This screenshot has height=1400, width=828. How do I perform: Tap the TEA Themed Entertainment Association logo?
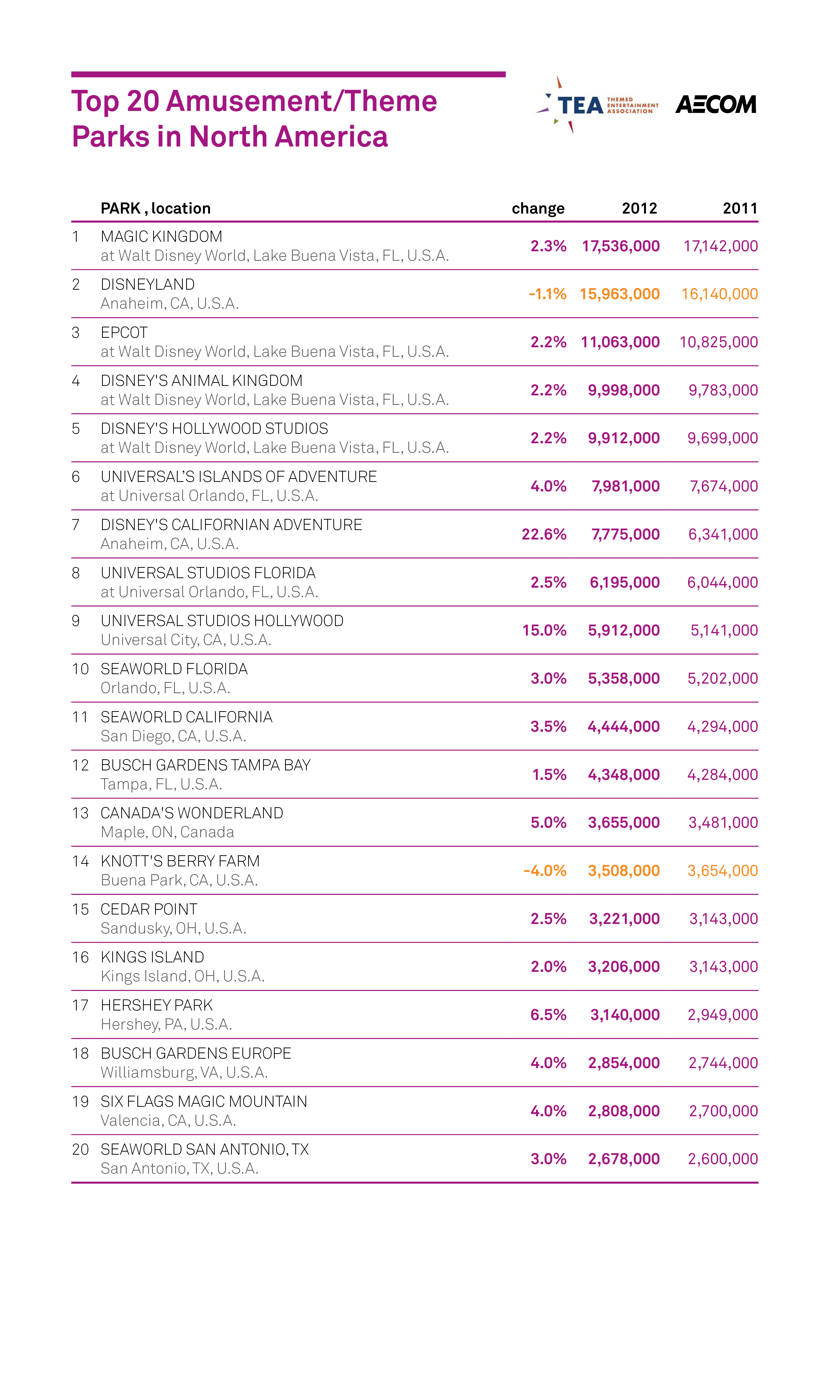597,105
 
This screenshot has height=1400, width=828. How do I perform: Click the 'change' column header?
538,208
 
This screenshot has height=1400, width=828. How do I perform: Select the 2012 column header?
640,208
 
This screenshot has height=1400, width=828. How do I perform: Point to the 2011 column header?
740,208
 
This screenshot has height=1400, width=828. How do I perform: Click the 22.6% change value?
544,535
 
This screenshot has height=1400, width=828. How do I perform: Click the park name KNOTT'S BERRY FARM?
180,861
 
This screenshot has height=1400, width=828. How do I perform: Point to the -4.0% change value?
545,871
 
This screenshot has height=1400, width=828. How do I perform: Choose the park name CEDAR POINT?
149,909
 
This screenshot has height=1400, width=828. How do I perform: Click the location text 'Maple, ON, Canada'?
167,832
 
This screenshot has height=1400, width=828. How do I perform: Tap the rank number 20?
80,1149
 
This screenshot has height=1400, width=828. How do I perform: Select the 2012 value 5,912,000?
624,631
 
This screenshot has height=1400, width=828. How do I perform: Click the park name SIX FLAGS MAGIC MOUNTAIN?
204,1101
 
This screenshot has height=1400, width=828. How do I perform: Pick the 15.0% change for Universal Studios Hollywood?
544,631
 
